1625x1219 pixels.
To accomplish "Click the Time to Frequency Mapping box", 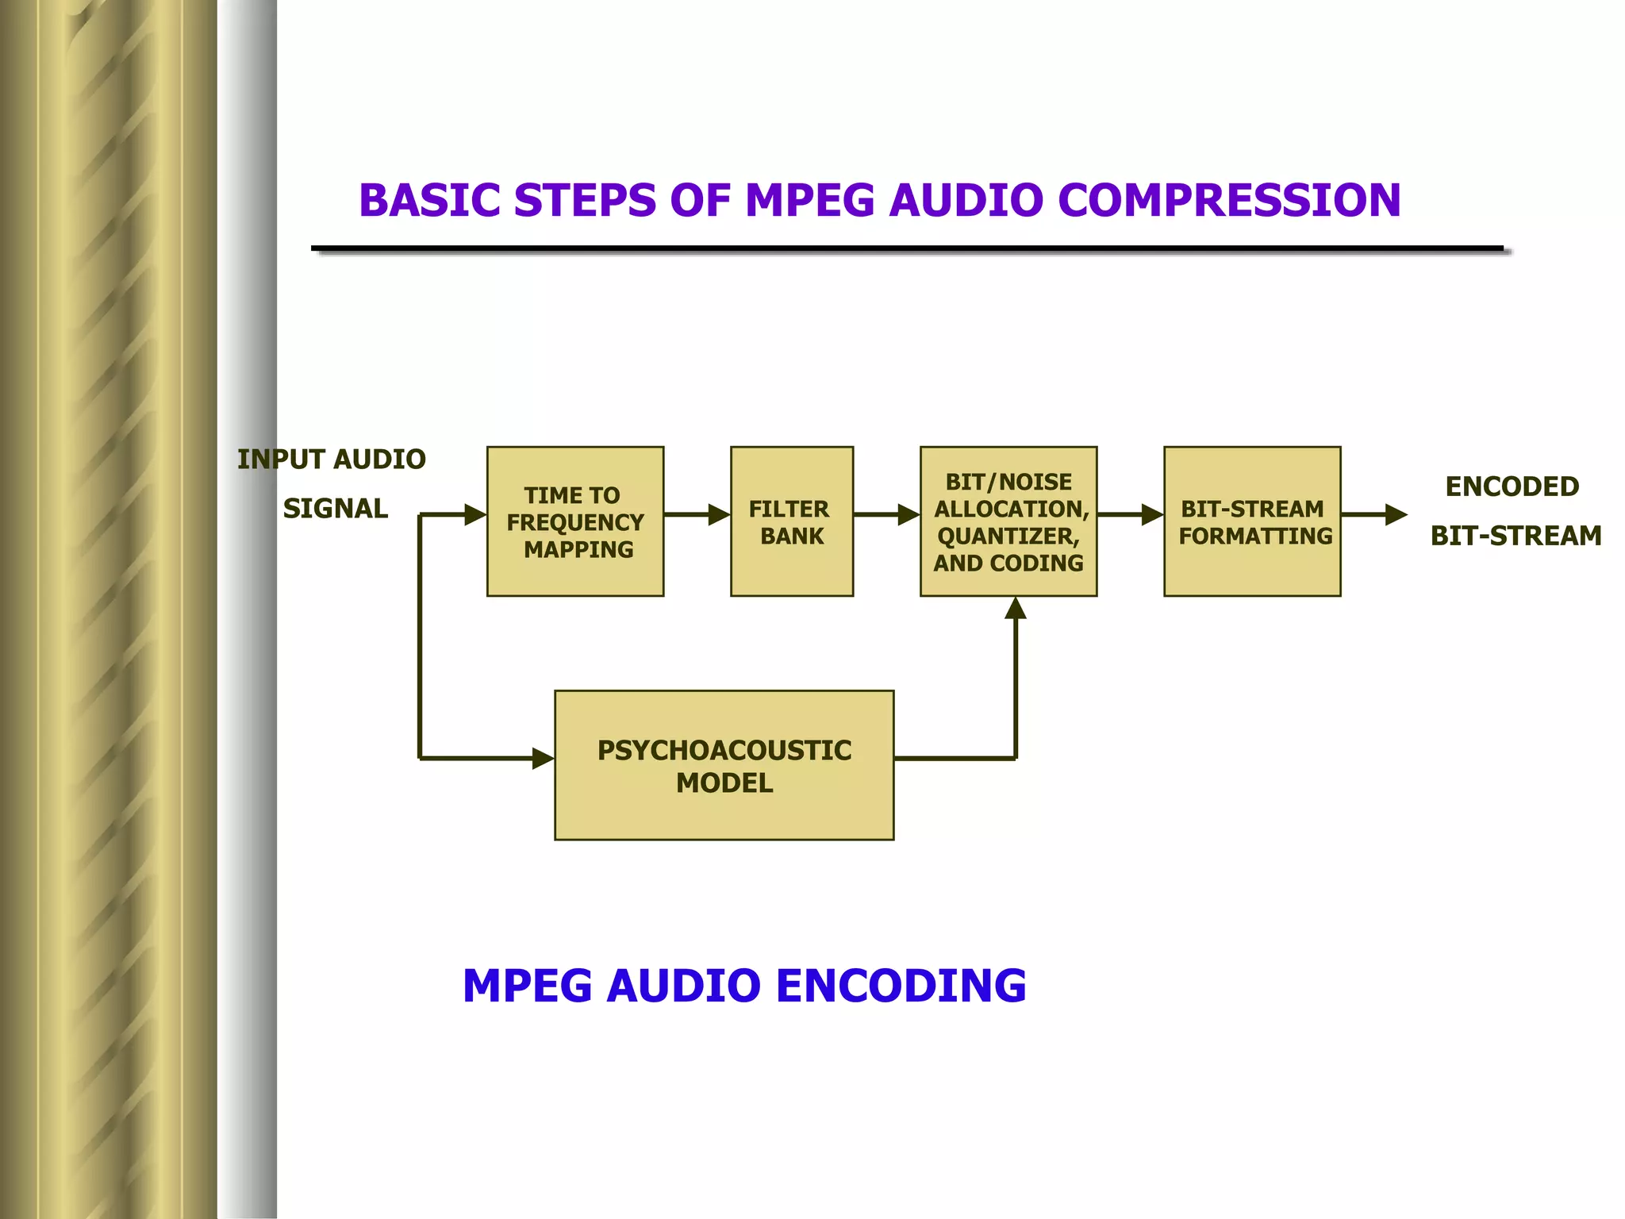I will click(574, 521).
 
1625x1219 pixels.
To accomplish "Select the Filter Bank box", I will click(791, 521).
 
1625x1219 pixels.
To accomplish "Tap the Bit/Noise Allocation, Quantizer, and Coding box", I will click(1008, 521).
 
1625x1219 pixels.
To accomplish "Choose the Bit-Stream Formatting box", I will click(1251, 521).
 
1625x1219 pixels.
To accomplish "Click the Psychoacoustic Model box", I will click(724, 765).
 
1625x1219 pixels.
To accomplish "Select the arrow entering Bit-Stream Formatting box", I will click(1130, 514).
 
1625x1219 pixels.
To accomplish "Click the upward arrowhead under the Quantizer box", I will click(1016, 609).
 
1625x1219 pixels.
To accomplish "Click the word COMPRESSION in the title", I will click(1229, 200).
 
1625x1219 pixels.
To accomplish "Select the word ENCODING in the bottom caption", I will click(901, 986).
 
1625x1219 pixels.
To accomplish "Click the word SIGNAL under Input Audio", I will click(335, 509).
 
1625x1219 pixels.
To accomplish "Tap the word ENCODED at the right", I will click(1512, 486).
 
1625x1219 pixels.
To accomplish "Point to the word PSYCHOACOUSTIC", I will click(724, 751).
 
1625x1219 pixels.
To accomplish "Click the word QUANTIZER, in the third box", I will click(1008, 536).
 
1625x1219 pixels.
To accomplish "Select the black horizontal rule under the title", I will click(907, 249).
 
